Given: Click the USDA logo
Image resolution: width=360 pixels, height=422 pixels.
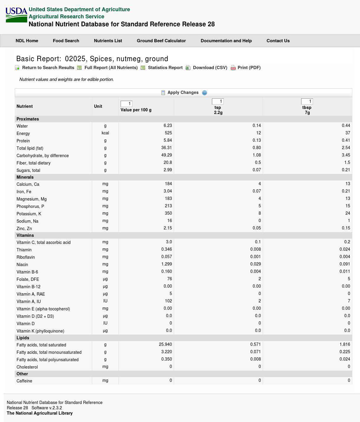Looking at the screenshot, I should pyautogui.click(x=16, y=15).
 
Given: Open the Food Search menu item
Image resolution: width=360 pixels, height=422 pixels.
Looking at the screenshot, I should pyautogui.click(x=66, y=41).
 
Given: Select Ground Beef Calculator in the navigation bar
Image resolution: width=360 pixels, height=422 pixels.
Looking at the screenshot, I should pyautogui.click(x=161, y=41).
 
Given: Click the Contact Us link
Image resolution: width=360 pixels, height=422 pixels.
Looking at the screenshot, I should pyautogui.click(x=278, y=41).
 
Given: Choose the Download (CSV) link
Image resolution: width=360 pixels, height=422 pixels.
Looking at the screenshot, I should pyautogui.click(x=210, y=68).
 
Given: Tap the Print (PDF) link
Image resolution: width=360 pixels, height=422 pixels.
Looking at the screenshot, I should pyautogui.click(x=249, y=68).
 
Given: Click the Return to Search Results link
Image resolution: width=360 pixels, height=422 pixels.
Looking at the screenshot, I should pyautogui.click(x=48, y=68).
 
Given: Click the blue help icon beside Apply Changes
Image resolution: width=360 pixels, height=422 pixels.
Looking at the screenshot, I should pyautogui.click(x=204, y=93).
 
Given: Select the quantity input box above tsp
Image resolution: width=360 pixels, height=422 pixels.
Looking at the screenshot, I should pyautogui.click(x=218, y=102).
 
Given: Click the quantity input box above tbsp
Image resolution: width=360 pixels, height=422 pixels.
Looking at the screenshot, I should pyautogui.click(x=307, y=102).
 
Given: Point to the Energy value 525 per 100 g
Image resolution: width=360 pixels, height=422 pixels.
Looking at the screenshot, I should pyautogui.click(x=168, y=133).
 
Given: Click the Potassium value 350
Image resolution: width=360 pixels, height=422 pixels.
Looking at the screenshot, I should pyautogui.click(x=168, y=213).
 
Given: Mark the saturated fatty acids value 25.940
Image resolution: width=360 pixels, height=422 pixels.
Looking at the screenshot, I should pyautogui.click(x=166, y=344).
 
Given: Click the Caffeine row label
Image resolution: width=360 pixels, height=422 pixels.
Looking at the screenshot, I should pyautogui.click(x=24, y=381).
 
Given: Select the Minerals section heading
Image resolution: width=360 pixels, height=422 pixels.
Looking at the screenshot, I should pyautogui.click(x=25, y=177).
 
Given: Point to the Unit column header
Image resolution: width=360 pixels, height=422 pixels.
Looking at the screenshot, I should pyautogui.click(x=98, y=106).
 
